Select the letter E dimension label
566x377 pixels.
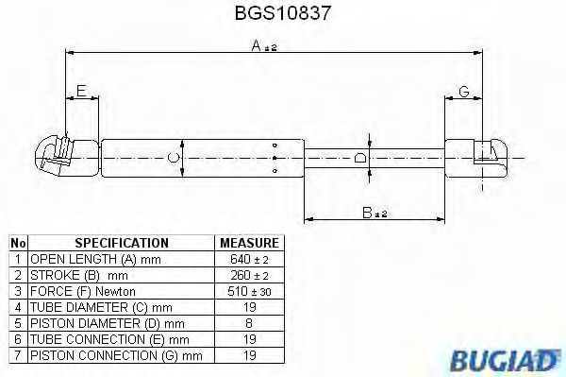82,91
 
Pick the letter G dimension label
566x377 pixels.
463,91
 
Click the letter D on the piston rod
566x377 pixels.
360,158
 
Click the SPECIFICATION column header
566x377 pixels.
121,243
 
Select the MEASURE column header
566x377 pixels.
248,243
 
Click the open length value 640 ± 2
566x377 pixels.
248,258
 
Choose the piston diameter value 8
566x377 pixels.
248,322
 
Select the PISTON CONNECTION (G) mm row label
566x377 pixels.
116,354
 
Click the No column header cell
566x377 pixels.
18,243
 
